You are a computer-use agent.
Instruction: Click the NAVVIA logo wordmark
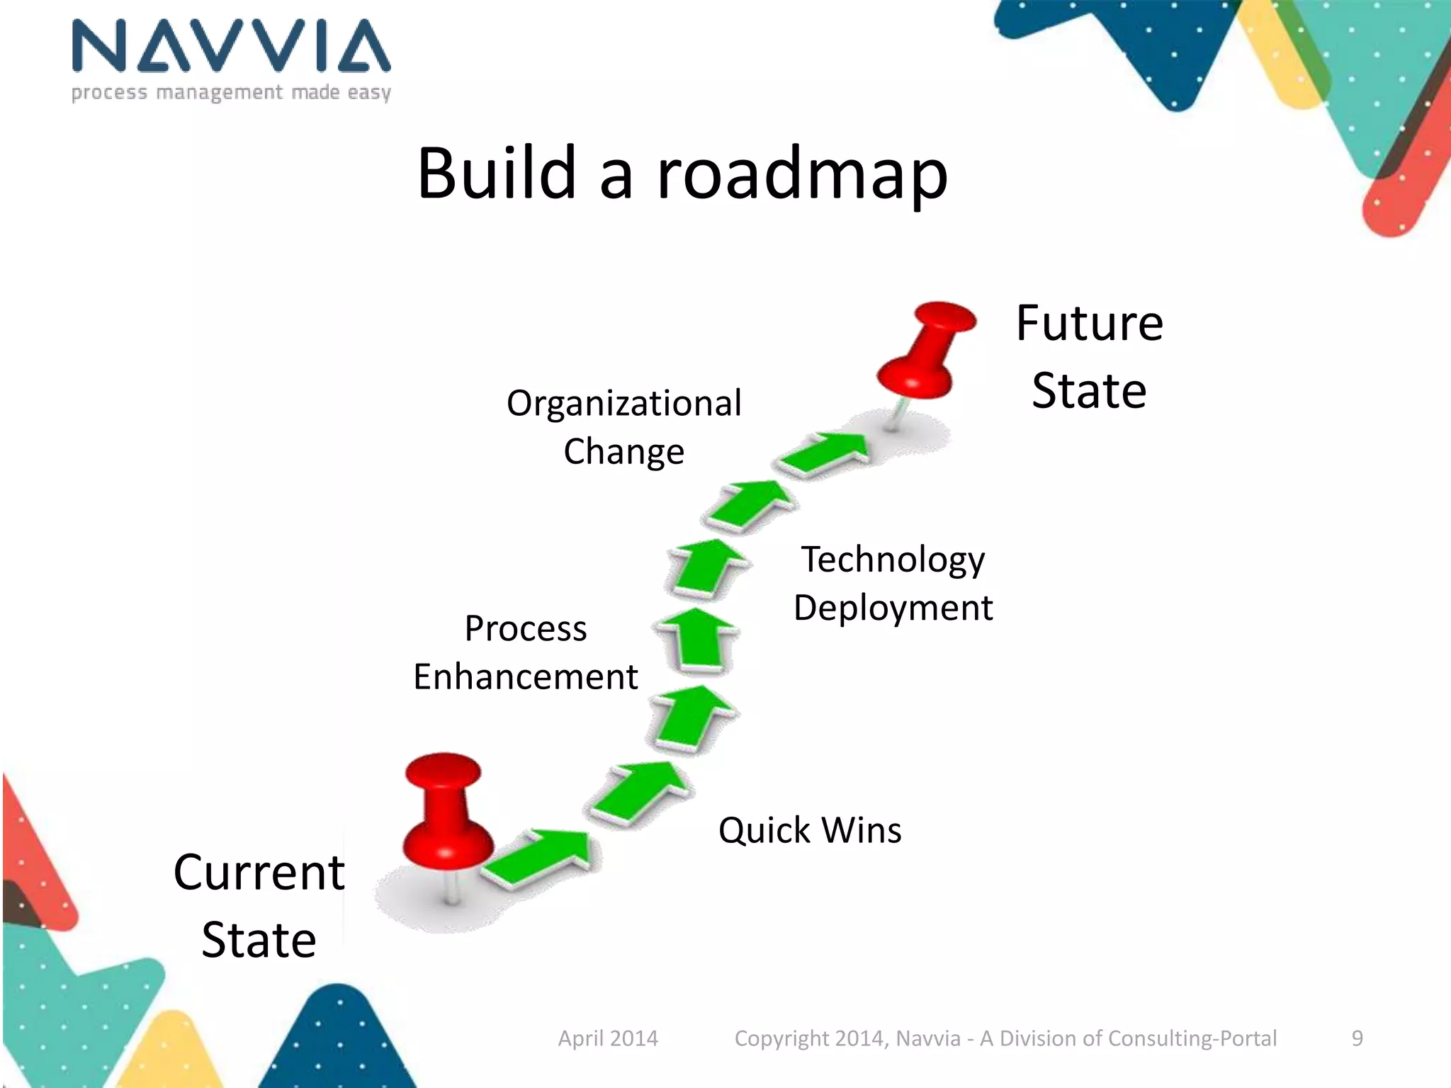231,46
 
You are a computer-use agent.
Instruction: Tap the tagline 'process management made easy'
231,93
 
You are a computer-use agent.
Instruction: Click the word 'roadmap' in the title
802,174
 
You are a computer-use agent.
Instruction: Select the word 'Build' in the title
496,173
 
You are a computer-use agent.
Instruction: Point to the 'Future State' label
1089,357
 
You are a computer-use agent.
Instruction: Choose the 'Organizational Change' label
623,427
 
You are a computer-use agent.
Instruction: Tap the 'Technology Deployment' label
893,583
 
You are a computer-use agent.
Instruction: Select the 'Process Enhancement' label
526,652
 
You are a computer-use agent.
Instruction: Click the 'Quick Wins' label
810,830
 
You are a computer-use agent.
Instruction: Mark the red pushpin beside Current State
445,815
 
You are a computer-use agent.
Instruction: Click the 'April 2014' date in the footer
608,1038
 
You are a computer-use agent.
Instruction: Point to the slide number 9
1357,1038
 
